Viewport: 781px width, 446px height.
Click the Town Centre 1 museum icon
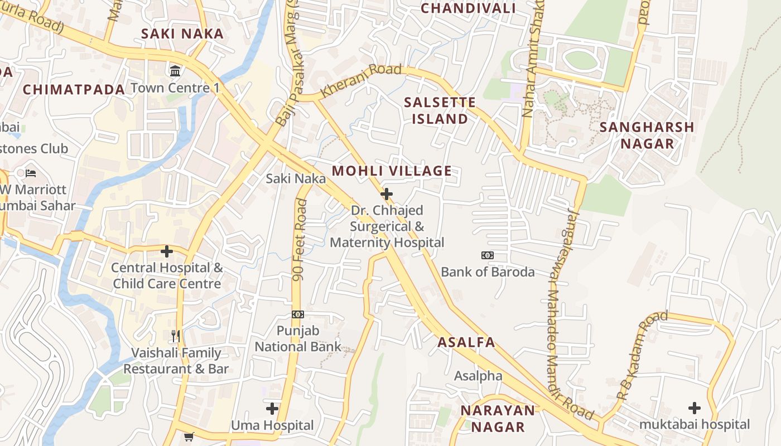(175, 71)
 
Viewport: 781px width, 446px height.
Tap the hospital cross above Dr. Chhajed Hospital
(386, 194)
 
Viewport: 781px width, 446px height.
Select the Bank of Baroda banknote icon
(488, 255)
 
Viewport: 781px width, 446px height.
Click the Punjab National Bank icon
(298, 314)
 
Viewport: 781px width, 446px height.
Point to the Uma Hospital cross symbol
(272, 409)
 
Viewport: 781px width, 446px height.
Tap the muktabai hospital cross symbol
(695, 408)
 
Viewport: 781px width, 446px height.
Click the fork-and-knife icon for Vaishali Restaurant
(176, 336)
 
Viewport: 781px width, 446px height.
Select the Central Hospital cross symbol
(166, 251)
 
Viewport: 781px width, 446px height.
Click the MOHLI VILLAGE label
(392, 171)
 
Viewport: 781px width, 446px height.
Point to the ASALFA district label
(466, 342)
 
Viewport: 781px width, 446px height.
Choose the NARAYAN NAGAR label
(497, 419)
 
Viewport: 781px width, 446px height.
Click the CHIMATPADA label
(74, 89)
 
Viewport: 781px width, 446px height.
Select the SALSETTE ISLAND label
(440, 110)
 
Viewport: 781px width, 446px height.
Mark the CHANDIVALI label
(468, 8)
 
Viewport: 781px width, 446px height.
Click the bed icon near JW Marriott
(31, 173)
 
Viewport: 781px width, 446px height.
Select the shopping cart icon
(189, 436)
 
